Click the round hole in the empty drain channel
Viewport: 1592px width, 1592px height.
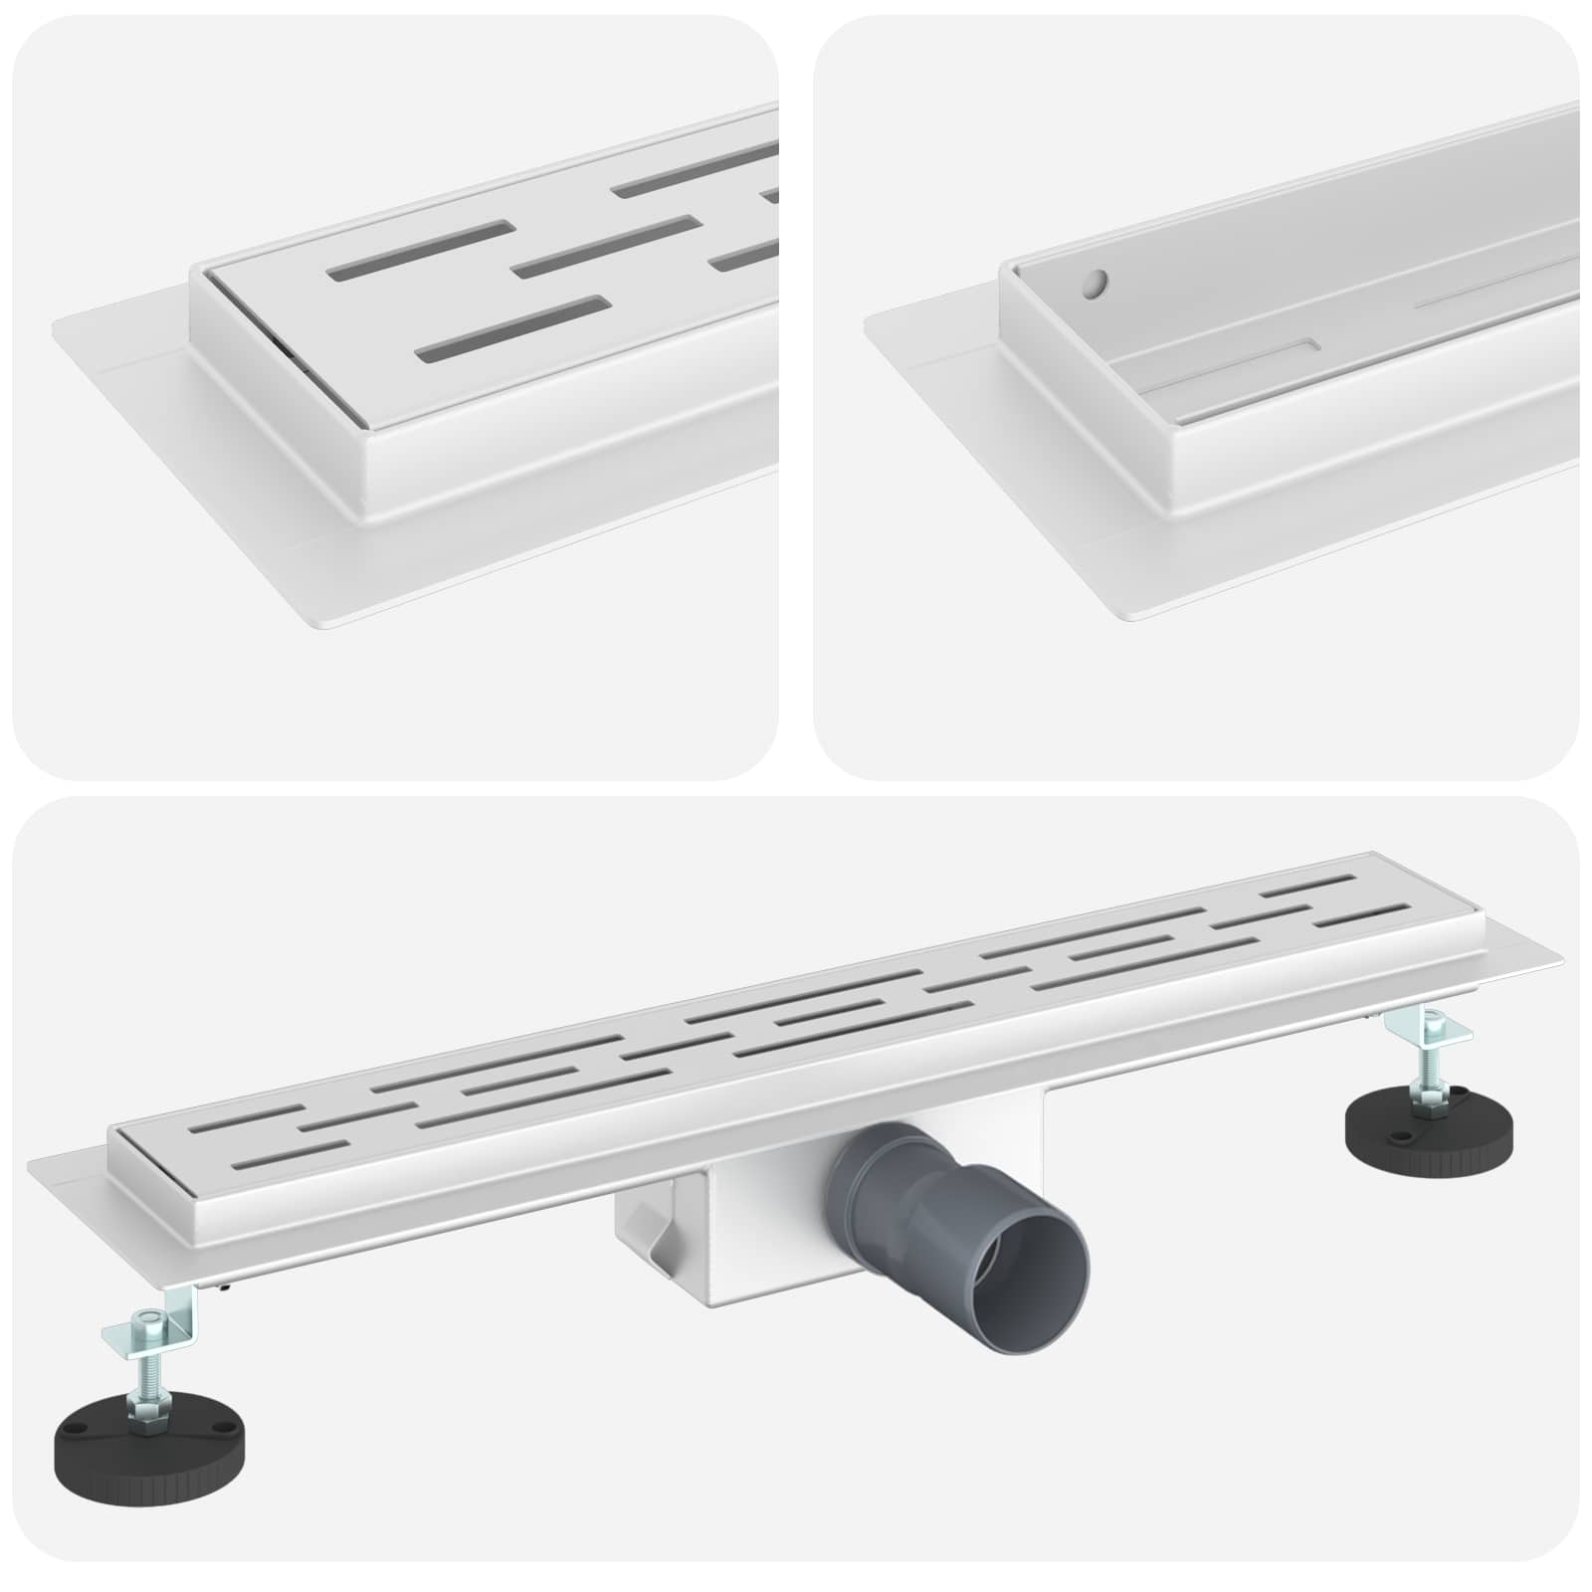1094,287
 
